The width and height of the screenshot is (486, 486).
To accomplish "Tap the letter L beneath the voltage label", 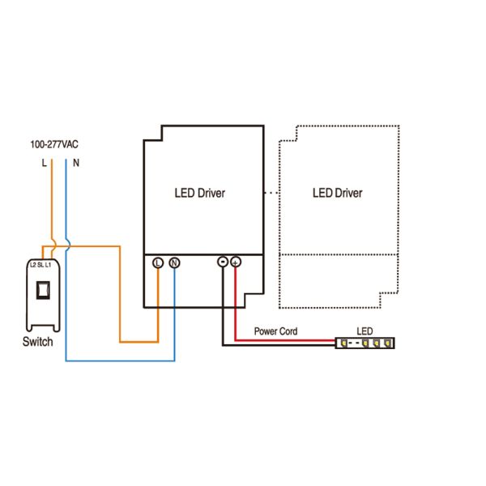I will (44, 163).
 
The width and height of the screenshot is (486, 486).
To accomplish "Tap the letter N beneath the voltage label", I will (76, 163).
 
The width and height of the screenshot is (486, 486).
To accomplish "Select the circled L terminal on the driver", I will (158, 262).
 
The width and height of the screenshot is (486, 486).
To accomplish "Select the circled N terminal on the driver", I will (174, 262).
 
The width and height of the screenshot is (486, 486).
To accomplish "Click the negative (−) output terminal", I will (222, 262).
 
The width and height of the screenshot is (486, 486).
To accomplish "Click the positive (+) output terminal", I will (236, 262).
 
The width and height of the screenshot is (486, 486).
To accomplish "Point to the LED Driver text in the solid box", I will (200, 194).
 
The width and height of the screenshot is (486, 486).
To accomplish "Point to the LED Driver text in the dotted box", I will (337, 194).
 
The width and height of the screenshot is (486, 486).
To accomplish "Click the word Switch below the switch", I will (37, 341).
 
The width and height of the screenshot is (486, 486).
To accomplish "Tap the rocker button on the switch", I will (46, 289).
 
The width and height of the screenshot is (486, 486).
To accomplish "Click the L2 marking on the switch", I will (33, 265).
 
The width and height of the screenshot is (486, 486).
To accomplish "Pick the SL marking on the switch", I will (40, 265).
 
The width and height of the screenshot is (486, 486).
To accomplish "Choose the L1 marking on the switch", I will (48, 265).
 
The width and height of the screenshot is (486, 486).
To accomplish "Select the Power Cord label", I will (275, 331).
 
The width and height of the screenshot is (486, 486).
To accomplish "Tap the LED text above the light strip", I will (364, 331).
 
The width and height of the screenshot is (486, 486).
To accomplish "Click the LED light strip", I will (365, 343).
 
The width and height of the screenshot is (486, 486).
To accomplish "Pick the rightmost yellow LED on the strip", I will (389, 343).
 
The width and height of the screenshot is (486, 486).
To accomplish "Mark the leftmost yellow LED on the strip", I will (343, 343).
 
